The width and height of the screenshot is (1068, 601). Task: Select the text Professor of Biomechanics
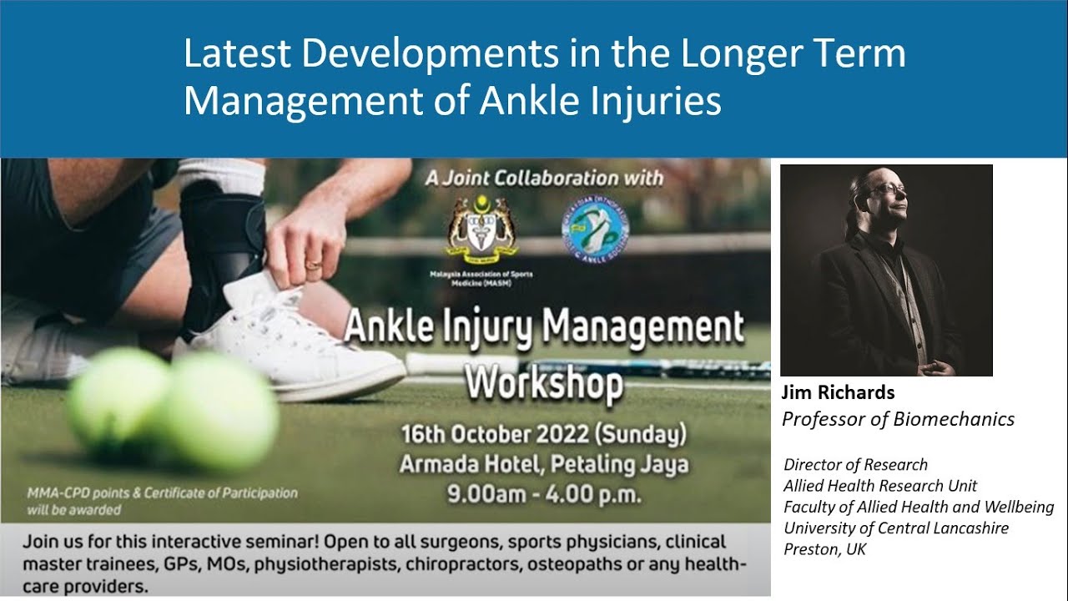[898, 419]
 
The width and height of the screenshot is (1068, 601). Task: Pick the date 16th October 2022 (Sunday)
[544, 435]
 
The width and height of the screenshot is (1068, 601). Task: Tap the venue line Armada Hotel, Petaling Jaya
[544, 463]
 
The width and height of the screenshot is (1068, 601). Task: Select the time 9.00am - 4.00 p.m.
[544, 492]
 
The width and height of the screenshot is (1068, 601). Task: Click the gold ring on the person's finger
[313, 265]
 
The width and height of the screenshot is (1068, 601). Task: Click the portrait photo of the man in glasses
[886, 270]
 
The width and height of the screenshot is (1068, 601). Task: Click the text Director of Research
[855, 465]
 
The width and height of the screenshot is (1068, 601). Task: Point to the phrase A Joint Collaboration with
[544, 178]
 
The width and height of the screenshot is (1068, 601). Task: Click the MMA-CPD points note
[162, 501]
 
